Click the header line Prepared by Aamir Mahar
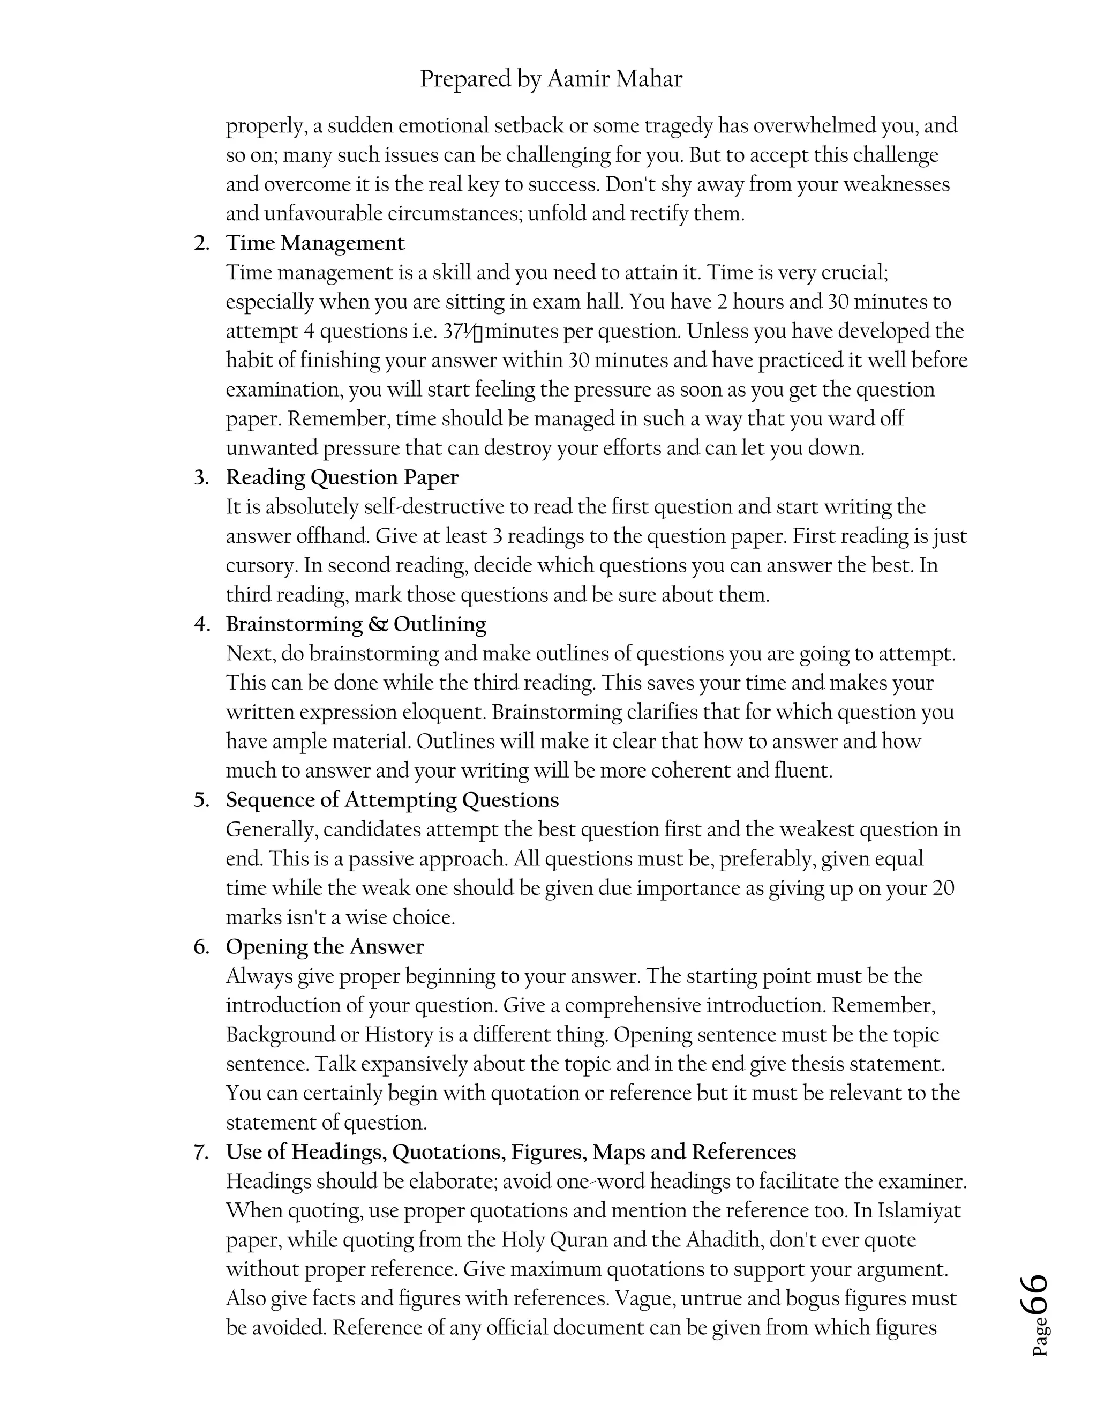[551, 79]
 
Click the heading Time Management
[315, 243]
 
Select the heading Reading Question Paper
[342, 477]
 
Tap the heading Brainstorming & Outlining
[356, 624]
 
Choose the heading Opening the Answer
[324, 947]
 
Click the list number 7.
[201, 1152]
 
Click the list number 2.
[201, 243]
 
